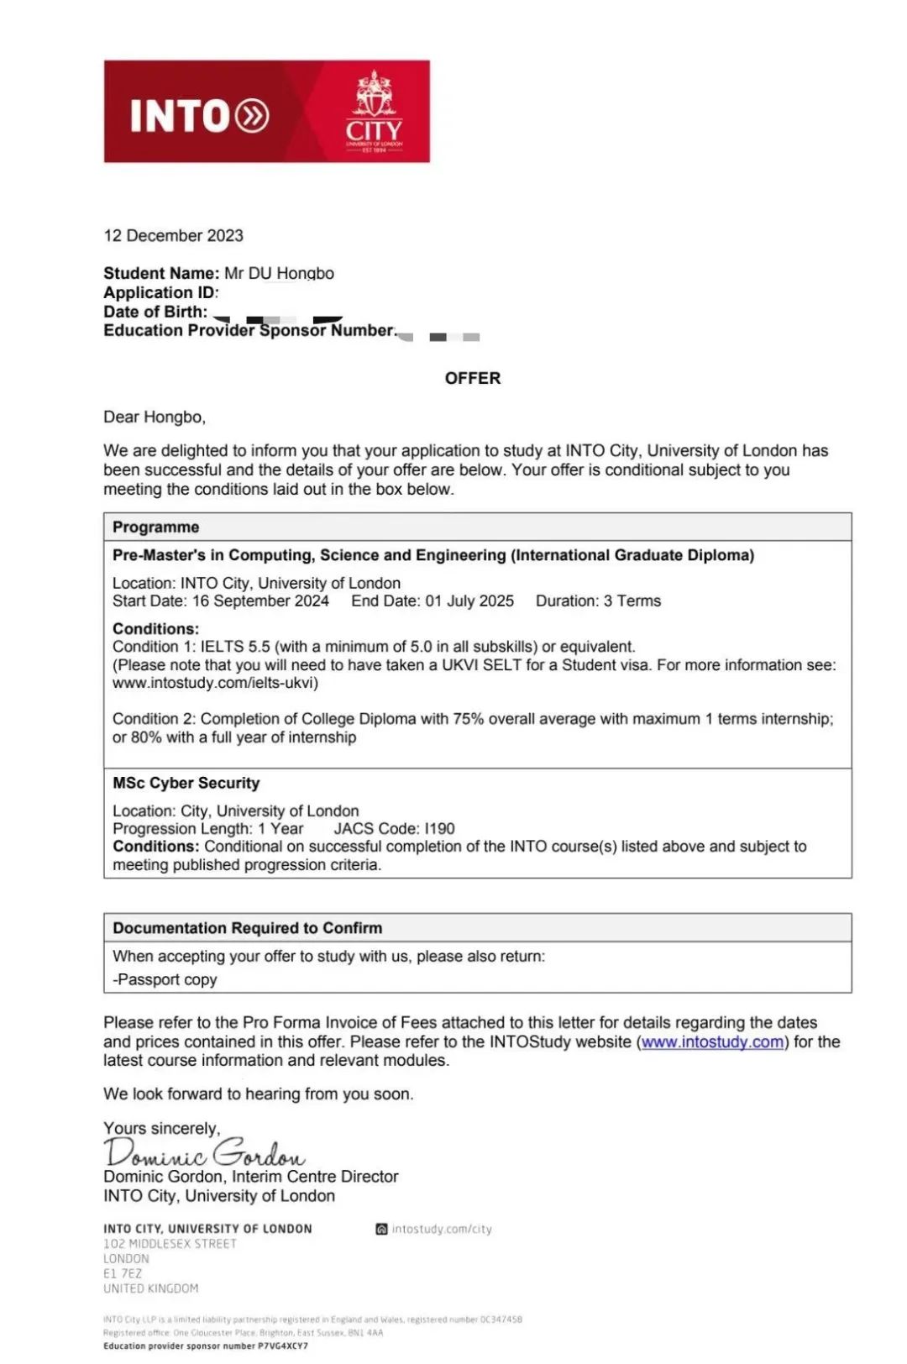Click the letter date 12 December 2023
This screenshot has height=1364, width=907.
point(173,236)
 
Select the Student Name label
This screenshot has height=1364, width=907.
point(161,273)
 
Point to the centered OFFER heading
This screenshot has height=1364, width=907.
point(473,378)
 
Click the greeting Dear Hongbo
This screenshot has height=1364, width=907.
point(155,417)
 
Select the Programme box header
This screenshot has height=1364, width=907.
point(156,527)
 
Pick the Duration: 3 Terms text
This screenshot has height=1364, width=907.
point(598,601)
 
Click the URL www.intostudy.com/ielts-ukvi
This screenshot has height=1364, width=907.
point(216,683)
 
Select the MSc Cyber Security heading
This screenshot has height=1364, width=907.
point(186,783)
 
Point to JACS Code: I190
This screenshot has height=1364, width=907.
point(395,829)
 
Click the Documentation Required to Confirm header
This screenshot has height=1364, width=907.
point(248,928)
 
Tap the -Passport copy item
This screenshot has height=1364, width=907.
point(165,979)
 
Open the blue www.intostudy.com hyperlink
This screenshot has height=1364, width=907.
point(713,1042)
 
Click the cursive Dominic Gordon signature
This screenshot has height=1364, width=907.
point(205,1152)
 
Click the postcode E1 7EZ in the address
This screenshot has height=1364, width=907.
point(123,1274)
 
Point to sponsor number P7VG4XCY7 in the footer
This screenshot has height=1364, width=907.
point(283,1346)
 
